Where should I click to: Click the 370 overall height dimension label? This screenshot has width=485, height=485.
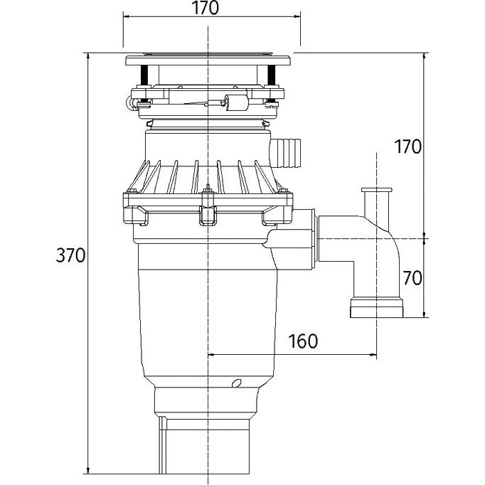coord(70,255)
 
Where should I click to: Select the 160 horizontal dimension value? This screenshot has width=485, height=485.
coord(303,341)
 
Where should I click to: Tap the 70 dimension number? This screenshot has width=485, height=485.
coord(412,278)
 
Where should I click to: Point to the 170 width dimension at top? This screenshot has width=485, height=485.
coord(206,9)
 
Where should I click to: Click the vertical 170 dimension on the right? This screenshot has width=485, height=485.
coord(407,146)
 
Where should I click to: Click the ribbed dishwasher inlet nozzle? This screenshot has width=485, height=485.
coord(285,153)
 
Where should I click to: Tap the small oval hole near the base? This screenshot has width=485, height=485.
coord(237,383)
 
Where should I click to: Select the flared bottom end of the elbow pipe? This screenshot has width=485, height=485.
coord(376,307)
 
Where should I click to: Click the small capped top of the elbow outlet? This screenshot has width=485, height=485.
coord(376,190)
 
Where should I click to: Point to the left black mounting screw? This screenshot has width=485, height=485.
coord(144,75)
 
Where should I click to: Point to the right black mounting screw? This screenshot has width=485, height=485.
coord(271,75)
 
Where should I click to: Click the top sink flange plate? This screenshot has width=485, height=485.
coord(208,60)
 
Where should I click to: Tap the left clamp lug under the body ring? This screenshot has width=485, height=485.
coord(136,215)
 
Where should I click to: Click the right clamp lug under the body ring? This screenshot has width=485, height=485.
coord(277,215)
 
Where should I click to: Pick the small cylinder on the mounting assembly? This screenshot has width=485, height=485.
coord(237,102)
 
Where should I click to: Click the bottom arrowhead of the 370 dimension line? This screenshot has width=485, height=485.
coord(88,469)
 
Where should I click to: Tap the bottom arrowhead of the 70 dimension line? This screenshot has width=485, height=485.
coord(424,314)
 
